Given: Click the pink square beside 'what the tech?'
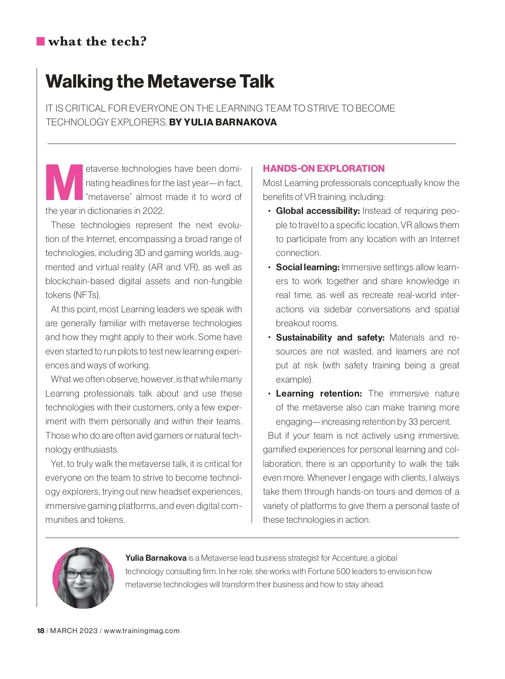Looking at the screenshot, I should (41, 41).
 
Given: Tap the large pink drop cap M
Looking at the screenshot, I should (64, 182).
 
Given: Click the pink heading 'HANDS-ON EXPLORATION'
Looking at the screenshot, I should (324, 168).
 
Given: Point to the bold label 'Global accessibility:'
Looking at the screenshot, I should (318, 211).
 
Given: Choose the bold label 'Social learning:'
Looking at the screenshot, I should (308, 267).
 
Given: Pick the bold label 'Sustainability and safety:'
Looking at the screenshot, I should (330, 338).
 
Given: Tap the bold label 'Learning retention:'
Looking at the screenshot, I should (319, 394).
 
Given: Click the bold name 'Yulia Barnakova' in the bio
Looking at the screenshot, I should (156, 558).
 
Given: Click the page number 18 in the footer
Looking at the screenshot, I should (40, 631).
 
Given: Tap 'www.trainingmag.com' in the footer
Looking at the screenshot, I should (142, 631).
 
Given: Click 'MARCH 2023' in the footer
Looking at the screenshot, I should (74, 631).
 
